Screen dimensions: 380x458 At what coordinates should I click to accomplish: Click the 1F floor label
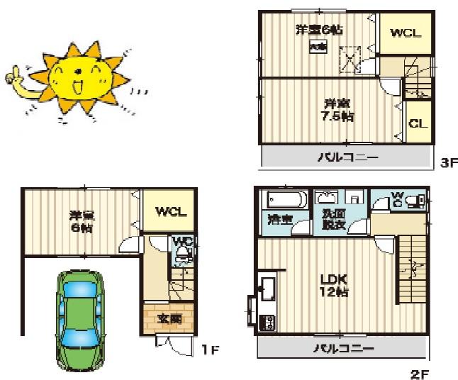[206, 349]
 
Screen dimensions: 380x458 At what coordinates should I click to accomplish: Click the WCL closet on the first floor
[166, 211]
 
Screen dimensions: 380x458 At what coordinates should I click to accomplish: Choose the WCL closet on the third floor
[405, 33]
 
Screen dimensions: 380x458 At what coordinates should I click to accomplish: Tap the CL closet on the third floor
[418, 123]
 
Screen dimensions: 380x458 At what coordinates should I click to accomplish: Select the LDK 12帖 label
[333, 284]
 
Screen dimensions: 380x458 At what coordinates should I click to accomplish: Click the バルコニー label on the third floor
[347, 157]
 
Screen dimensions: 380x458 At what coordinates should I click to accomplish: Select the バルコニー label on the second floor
[344, 348]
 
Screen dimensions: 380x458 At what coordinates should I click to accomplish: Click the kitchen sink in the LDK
[269, 289]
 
